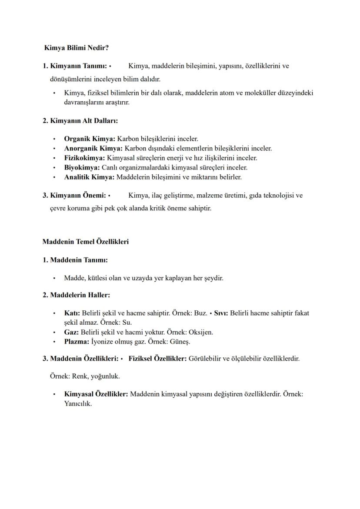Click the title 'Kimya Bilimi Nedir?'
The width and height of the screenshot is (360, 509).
pos(77,47)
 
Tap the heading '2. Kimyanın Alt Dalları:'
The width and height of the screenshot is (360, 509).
pos(80,120)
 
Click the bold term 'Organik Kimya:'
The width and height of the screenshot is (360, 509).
pos(90,139)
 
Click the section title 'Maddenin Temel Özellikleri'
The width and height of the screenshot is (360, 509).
pos(85,242)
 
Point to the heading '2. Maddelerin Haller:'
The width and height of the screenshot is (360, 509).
pos(76,295)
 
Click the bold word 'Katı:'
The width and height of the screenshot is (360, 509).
pos(72,313)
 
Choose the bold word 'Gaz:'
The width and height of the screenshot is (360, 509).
pos(71,333)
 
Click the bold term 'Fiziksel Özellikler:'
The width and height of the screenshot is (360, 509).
pos(157,359)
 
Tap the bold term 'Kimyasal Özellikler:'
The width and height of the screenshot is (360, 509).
pos(96,394)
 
